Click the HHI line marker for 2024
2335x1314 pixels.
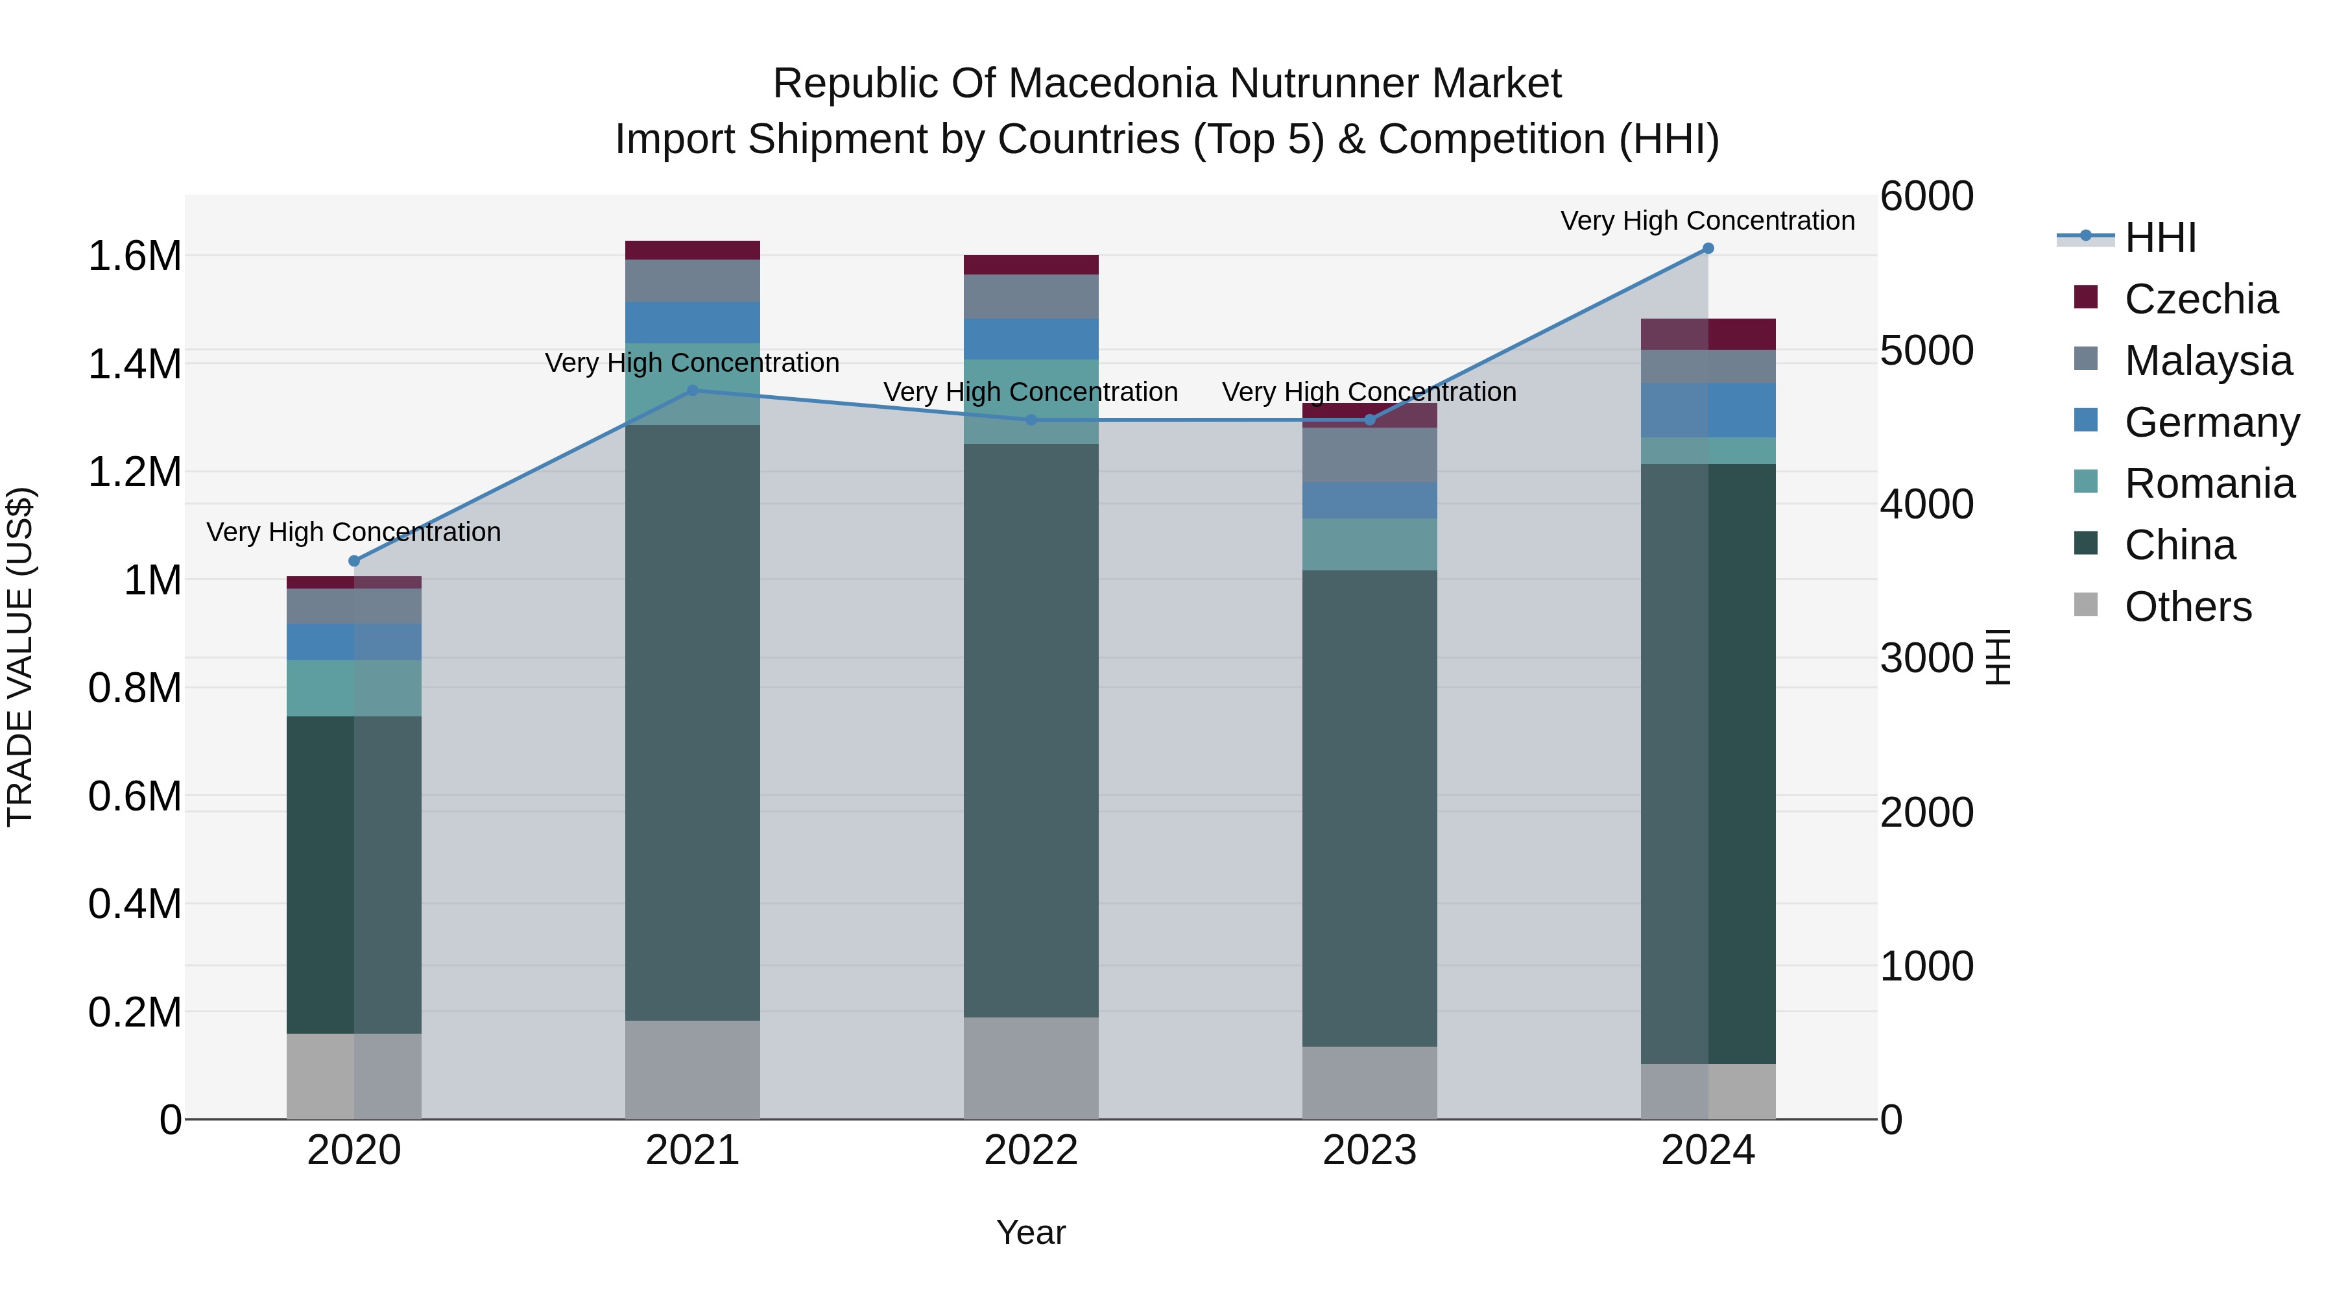click(x=1708, y=249)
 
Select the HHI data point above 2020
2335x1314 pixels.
click(x=354, y=561)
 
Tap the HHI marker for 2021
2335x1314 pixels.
click(x=693, y=391)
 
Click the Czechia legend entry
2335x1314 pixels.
click(x=2175, y=299)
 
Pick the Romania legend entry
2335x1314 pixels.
click(x=2184, y=483)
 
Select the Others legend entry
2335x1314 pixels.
click(x=2162, y=607)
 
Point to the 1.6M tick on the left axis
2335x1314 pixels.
click(x=134, y=256)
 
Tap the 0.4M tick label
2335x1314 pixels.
click(x=134, y=904)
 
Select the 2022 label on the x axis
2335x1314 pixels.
click(x=1031, y=1150)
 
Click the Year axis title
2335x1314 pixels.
click(x=1031, y=1234)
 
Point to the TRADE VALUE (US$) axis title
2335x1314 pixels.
click(x=20, y=657)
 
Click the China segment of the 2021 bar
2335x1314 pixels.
click(x=693, y=723)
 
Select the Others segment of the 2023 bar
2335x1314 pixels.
click(x=1370, y=1083)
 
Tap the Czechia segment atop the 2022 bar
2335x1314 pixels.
click(x=1031, y=265)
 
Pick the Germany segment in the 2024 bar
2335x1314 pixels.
click(x=1708, y=410)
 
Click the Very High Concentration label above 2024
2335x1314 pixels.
click(x=1708, y=221)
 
